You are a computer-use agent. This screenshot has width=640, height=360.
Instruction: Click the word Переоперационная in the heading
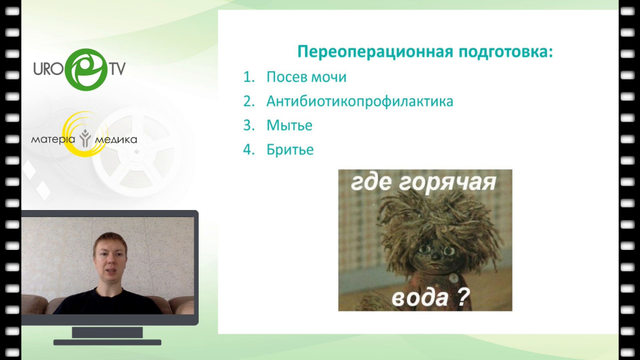coord(375,52)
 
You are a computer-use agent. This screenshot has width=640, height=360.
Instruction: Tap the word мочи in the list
coord(329,77)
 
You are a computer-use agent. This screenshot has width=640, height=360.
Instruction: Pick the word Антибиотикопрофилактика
coord(359,101)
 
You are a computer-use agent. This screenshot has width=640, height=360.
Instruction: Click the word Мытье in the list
coord(289,125)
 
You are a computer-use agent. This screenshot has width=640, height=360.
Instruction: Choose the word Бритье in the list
coord(290,149)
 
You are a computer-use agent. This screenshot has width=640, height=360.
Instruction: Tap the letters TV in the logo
coord(117,69)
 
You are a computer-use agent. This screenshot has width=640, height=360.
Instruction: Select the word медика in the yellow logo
coord(116,140)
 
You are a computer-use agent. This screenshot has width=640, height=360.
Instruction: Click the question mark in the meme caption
coord(463,297)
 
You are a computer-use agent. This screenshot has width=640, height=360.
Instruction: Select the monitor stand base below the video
coord(107,342)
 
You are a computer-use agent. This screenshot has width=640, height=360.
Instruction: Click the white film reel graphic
coord(137,152)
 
